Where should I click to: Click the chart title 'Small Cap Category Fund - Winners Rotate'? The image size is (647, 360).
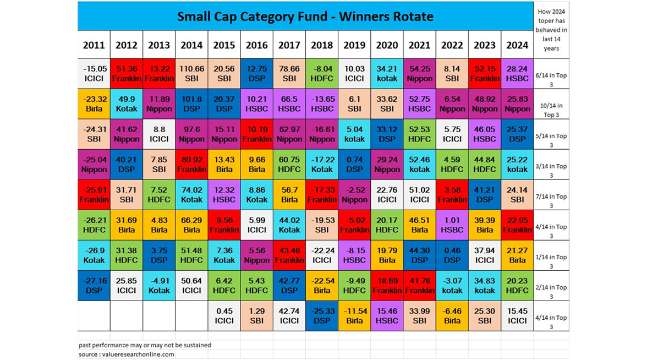click(x=305, y=17)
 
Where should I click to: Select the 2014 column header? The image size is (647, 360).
click(x=191, y=45)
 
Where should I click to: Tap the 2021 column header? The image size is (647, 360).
click(x=419, y=45)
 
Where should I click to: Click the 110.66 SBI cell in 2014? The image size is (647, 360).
click(x=191, y=74)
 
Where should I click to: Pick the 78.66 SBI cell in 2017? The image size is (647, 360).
click(x=289, y=74)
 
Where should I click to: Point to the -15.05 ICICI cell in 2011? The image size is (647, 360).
click(x=94, y=74)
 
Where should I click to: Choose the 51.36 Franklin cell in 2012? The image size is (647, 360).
click(x=127, y=74)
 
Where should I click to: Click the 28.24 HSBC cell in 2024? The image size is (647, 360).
click(x=517, y=74)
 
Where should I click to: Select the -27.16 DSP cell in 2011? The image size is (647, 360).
click(x=94, y=286)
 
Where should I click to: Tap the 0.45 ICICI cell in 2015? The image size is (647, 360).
click(x=224, y=316)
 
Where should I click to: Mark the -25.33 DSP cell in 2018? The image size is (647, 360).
click(x=322, y=316)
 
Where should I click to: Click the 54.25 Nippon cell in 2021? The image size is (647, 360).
click(x=419, y=74)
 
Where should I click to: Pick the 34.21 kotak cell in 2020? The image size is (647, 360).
click(x=387, y=74)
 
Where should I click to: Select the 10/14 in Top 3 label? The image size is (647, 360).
click(x=551, y=105)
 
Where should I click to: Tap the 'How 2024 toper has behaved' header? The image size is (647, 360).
click(x=551, y=30)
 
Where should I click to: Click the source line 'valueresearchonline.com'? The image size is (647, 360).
click(x=127, y=354)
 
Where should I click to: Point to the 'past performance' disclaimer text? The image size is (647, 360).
click(x=145, y=345)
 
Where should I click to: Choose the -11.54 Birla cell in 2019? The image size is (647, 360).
click(x=354, y=316)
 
